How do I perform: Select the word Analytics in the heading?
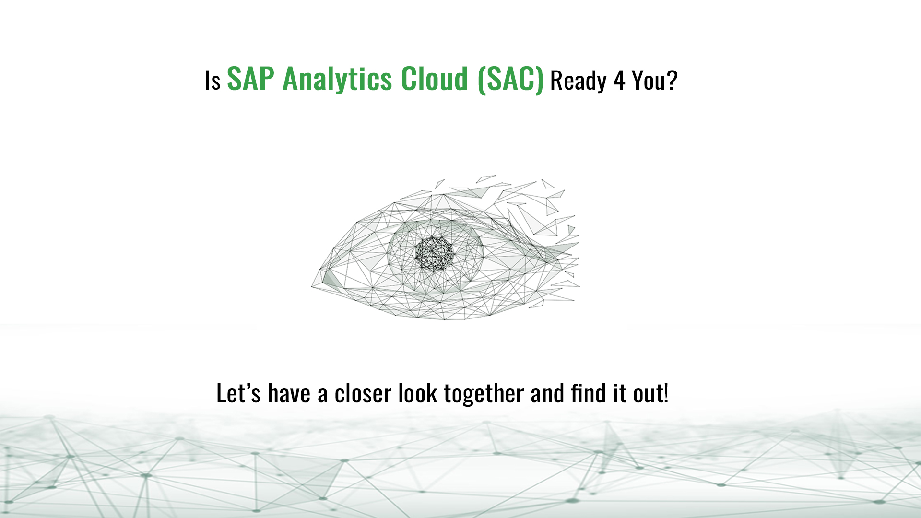[338, 79]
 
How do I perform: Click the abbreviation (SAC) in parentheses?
[510, 80]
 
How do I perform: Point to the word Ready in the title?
[579, 81]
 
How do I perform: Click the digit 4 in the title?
[619, 80]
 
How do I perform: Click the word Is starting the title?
[213, 81]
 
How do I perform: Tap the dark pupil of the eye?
[434, 254]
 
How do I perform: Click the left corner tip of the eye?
[312, 287]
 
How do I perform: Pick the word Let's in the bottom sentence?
[238, 393]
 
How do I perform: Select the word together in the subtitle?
[484, 394]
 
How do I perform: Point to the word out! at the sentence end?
[651, 393]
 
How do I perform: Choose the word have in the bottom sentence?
[289, 393]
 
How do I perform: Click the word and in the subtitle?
[547, 393]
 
